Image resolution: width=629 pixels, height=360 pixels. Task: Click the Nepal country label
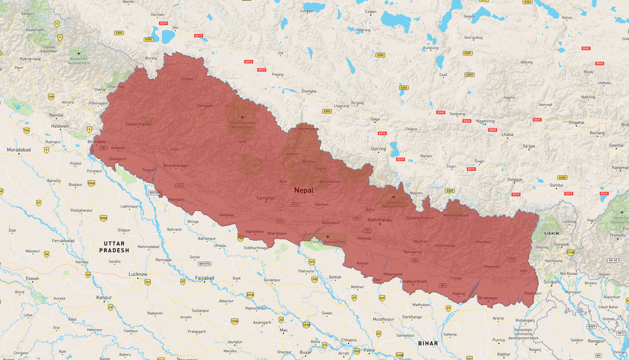coord(303,190)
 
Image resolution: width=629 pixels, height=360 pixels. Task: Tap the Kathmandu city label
coord(380,220)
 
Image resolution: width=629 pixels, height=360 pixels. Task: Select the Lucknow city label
coord(138,274)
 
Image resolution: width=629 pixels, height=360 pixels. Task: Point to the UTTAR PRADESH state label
coord(114,247)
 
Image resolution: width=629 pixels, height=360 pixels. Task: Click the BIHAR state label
coord(428,343)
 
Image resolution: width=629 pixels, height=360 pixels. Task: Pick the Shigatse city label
coord(576,122)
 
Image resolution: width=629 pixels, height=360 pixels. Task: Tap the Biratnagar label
coord(488,298)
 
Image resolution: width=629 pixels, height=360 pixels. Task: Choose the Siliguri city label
coord(551,282)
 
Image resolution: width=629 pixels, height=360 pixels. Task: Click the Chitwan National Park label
coord(328,242)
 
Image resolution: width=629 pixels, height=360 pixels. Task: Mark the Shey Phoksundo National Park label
coord(242,125)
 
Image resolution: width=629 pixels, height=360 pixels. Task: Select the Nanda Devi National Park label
coord(79,61)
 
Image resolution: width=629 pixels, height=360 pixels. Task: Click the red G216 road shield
coord(382,133)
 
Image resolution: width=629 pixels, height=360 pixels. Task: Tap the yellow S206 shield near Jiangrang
coord(380,55)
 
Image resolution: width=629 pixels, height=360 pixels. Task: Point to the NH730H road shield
coord(155,193)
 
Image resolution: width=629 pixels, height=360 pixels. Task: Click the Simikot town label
coord(187,79)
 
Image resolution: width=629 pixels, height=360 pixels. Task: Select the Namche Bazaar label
coord(456,215)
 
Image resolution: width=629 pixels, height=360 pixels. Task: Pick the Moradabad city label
coord(19,150)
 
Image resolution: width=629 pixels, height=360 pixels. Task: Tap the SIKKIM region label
coord(551,233)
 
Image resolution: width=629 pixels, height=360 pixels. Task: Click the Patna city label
coord(369,350)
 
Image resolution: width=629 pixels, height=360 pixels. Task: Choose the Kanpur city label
coord(104,298)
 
